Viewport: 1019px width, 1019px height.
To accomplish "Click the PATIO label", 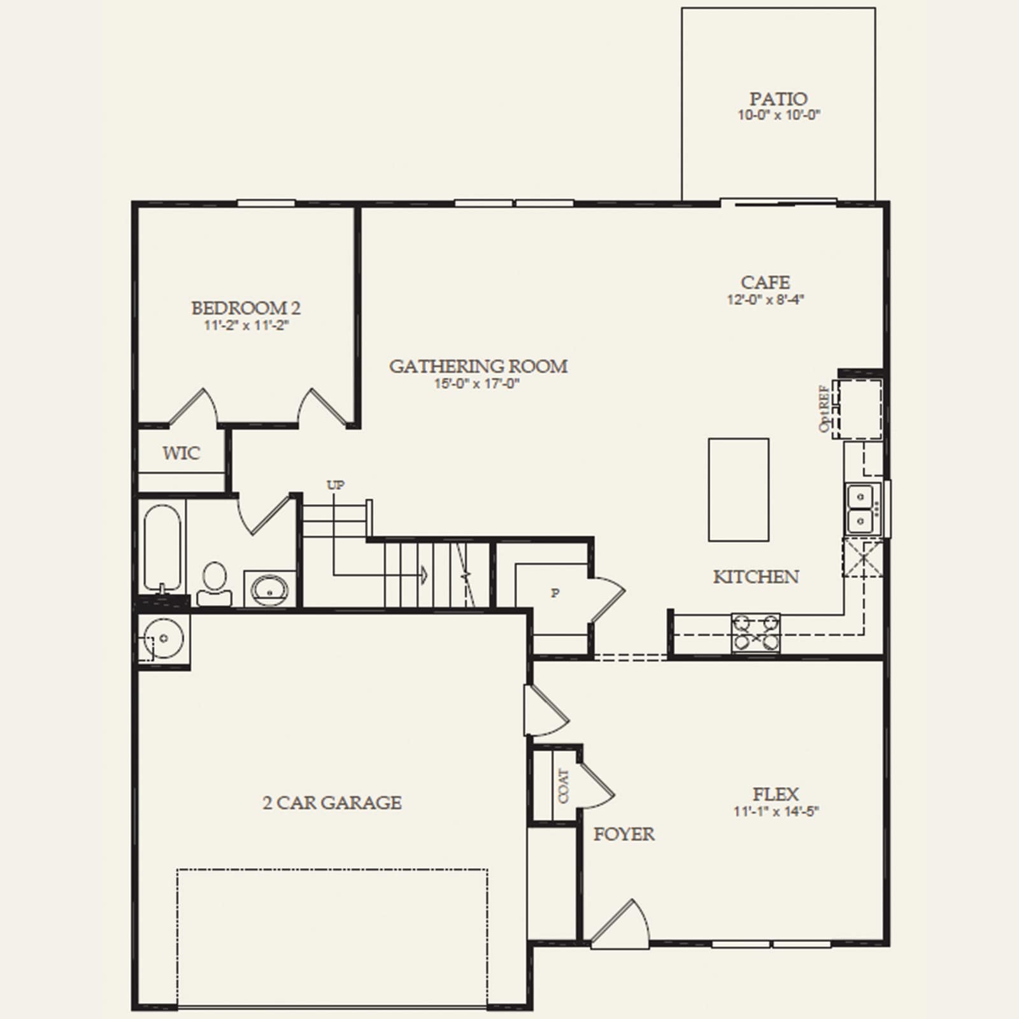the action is click(778, 99).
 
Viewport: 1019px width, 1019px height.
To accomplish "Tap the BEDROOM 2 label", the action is click(246, 308).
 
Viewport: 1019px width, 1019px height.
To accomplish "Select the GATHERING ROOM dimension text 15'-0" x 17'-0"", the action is click(478, 383).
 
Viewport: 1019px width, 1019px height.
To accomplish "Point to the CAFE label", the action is click(766, 282).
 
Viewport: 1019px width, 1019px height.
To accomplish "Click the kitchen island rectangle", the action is click(739, 490).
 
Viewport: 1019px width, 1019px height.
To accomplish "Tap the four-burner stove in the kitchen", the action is click(756, 633).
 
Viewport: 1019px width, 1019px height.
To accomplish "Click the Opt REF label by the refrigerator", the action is click(825, 408).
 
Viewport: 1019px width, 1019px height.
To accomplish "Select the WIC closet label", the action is click(181, 453).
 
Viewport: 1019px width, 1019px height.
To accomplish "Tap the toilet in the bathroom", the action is click(215, 583).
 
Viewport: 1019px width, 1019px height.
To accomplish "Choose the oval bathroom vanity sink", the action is click(271, 589).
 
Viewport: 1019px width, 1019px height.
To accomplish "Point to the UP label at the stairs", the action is click(336, 485).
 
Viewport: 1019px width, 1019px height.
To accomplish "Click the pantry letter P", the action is click(555, 594).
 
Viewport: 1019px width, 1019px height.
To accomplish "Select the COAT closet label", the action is click(564, 786).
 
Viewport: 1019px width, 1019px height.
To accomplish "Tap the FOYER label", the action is click(624, 834).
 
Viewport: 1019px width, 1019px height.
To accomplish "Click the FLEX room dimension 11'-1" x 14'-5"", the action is click(776, 811).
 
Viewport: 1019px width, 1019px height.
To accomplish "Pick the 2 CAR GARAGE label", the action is click(332, 802).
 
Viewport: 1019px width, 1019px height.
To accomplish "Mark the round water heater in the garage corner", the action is click(164, 638).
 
